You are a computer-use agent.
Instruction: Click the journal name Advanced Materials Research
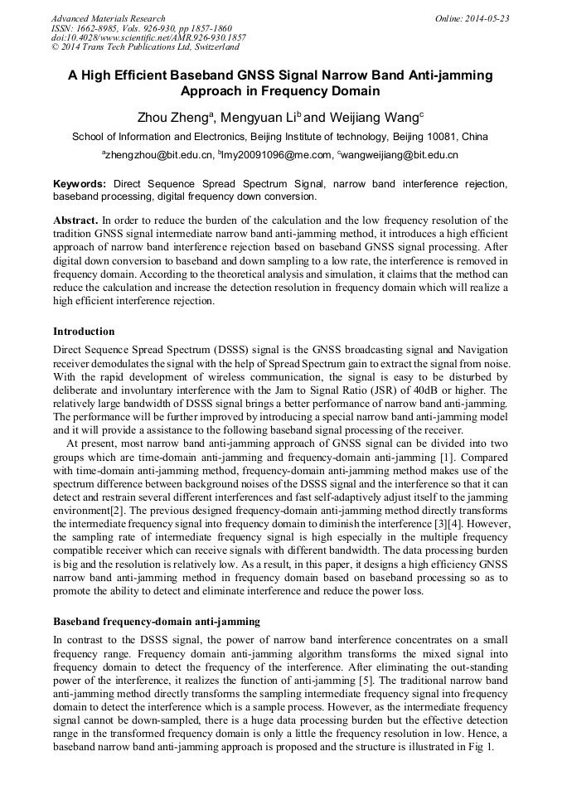point(108,18)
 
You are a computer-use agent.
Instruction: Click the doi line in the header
point(148,38)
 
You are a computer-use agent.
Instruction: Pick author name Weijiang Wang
point(362,117)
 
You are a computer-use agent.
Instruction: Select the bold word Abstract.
point(75,221)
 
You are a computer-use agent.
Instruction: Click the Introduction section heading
point(84,332)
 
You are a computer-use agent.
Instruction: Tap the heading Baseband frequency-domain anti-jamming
point(157,621)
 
